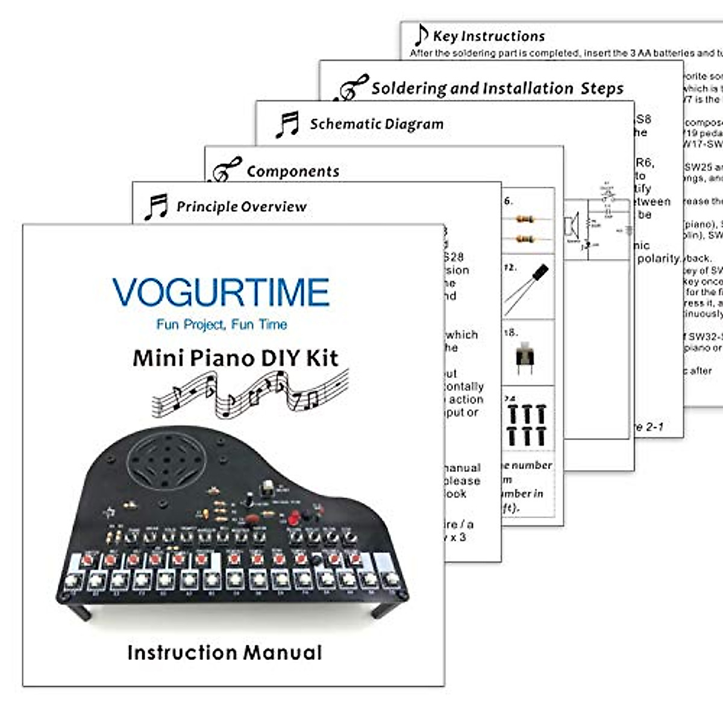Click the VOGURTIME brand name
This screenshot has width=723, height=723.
(x=221, y=292)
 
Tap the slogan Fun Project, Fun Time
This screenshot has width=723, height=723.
(x=221, y=324)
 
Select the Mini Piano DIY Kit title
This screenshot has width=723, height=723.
(x=235, y=358)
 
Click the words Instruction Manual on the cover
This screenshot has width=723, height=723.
(x=225, y=653)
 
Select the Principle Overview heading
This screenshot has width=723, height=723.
(x=241, y=207)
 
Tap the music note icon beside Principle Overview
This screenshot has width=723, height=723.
(x=155, y=207)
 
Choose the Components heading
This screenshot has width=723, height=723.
(x=293, y=172)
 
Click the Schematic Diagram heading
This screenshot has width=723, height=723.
(x=377, y=124)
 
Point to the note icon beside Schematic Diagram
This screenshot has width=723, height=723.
(x=287, y=125)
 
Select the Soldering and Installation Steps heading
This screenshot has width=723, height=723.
(x=497, y=89)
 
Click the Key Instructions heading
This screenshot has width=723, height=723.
(x=489, y=36)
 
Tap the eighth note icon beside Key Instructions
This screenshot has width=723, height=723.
(x=421, y=35)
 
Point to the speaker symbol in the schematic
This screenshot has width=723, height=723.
(x=571, y=227)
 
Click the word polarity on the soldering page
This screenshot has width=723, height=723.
(x=659, y=258)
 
